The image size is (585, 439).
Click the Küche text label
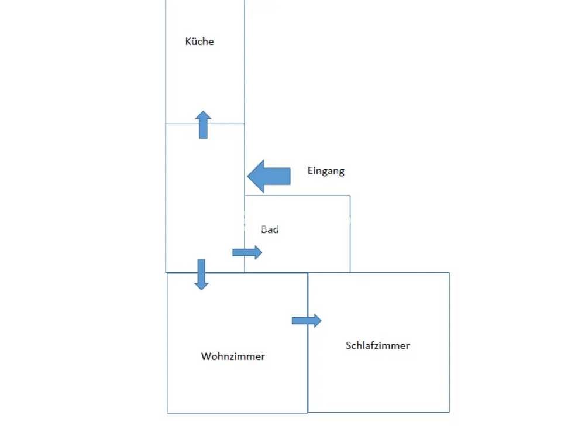pyautogui.click(x=199, y=42)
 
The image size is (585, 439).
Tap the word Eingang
pyautogui.click(x=326, y=171)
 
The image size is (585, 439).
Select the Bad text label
pyautogui.click(x=270, y=229)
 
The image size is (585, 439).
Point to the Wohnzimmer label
pyautogui.click(x=233, y=356)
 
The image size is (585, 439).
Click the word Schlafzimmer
pyautogui.click(x=377, y=345)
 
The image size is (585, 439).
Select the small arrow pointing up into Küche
pyautogui.click(x=203, y=125)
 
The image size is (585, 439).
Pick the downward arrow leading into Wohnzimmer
pyautogui.click(x=201, y=275)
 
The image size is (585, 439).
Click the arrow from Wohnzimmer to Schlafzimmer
pyautogui.click(x=307, y=320)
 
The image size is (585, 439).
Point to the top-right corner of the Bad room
pyautogui.click(x=350, y=196)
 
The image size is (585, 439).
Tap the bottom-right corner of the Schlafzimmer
pyautogui.click(x=449, y=412)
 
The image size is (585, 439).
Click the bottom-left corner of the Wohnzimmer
pyautogui.click(x=167, y=413)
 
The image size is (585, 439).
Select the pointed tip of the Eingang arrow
pyautogui.click(x=248, y=176)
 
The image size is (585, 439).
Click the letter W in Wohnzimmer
pyautogui.click(x=206, y=356)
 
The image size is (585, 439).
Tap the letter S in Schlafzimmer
pyautogui.click(x=349, y=345)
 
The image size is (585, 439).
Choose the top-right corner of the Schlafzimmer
pyautogui.click(x=449, y=273)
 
